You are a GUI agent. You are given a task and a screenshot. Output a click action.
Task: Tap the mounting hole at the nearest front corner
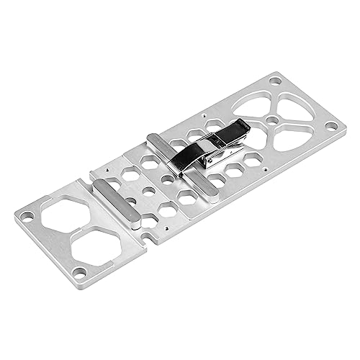tap(81, 271)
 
